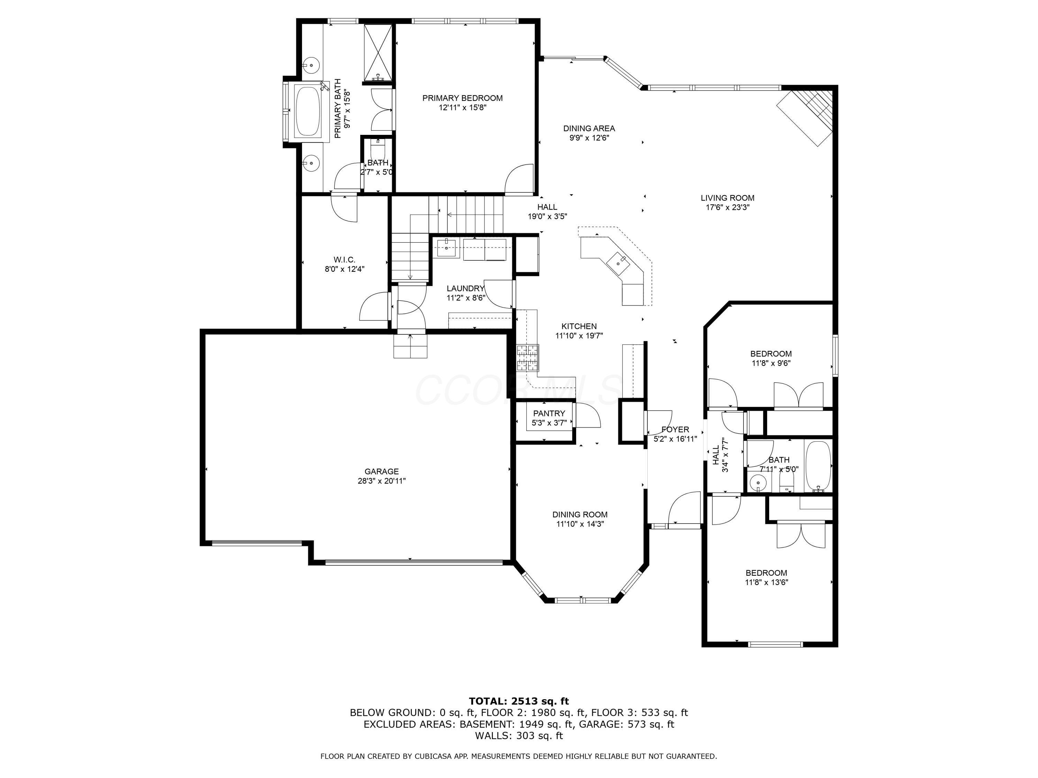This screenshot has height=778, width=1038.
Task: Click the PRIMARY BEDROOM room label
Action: (462, 98)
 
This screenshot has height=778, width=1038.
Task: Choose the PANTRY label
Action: (549, 414)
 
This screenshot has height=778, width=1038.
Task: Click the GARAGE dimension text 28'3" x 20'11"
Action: (382, 481)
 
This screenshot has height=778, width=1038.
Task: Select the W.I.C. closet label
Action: (344, 259)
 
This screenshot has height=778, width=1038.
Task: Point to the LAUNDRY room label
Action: (465, 288)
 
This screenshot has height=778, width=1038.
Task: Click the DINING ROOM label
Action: (580, 515)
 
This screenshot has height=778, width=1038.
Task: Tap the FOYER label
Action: (675, 429)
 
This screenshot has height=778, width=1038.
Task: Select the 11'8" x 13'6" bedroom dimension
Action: (766, 582)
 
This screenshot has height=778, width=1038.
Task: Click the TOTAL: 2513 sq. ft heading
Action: (519, 701)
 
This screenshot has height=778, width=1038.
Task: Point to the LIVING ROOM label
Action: (727, 198)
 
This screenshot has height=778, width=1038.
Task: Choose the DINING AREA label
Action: (589, 128)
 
